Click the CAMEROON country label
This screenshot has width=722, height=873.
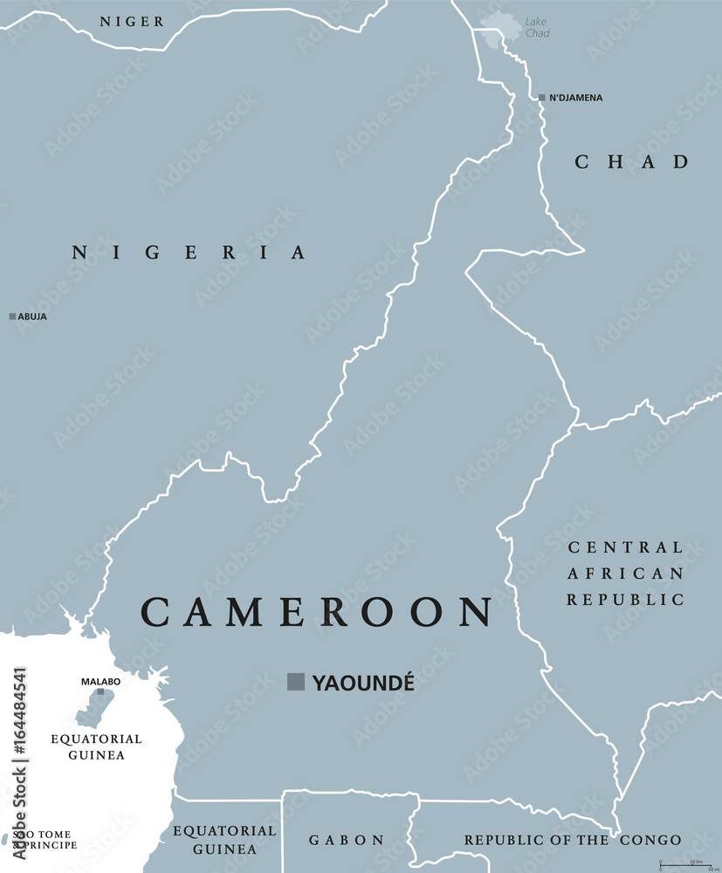[317, 613]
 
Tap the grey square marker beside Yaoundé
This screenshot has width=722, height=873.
[296, 682]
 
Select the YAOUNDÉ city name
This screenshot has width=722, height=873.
[363, 683]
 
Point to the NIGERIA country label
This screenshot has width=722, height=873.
[189, 253]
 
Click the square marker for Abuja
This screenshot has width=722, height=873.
[12, 316]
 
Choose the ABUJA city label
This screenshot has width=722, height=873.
[32, 317]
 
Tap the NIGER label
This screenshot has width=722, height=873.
[131, 21]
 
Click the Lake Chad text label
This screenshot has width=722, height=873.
[537, 28]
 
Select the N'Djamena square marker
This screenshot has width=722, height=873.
[541, 98]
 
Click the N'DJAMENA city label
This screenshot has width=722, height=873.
[575, 98]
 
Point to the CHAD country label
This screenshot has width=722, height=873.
[632, 162]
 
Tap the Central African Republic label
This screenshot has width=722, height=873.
[625, 574]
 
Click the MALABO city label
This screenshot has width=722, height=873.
[100, 681]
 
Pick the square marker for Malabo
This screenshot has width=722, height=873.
[100, 691]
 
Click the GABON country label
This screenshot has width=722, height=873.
[347, 840]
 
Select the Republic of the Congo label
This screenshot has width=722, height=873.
[572, 840]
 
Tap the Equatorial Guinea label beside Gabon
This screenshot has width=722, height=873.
[224, 840]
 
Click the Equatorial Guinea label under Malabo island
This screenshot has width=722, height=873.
[96, 746]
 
